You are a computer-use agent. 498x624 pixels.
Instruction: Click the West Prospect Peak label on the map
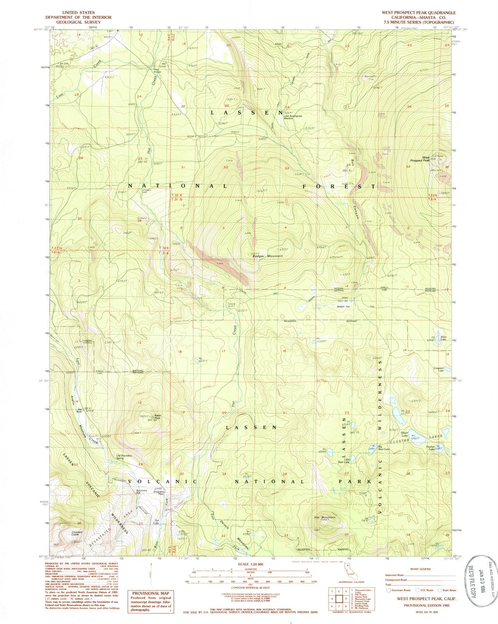tap(418, 159)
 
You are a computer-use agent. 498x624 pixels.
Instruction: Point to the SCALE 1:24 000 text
tap(249, 564)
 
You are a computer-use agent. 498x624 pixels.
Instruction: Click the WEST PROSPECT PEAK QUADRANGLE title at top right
tap(413, 12)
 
